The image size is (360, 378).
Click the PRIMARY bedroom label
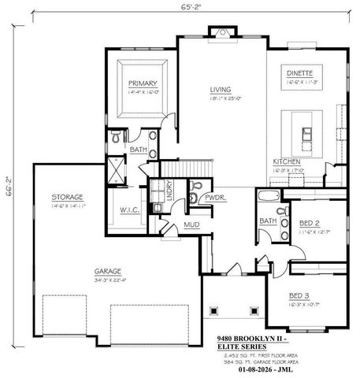pos(143,83)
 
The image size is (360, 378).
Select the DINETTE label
pos(300,72)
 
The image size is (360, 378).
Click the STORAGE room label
pos(67,196)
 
